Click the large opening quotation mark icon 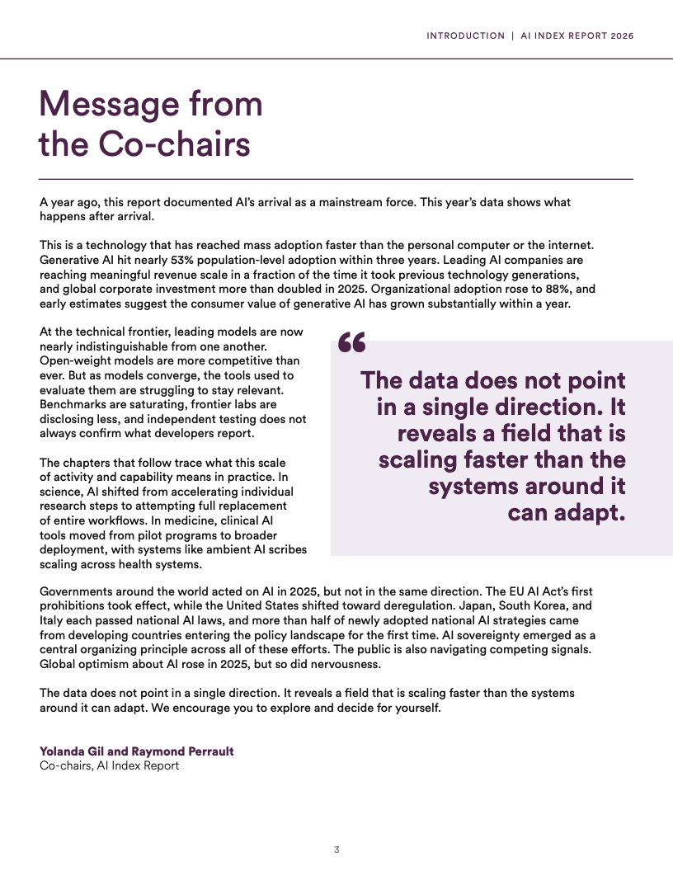tap(352, 343)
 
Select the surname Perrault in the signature tap(206, 751)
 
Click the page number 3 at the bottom tap(336, 850)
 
